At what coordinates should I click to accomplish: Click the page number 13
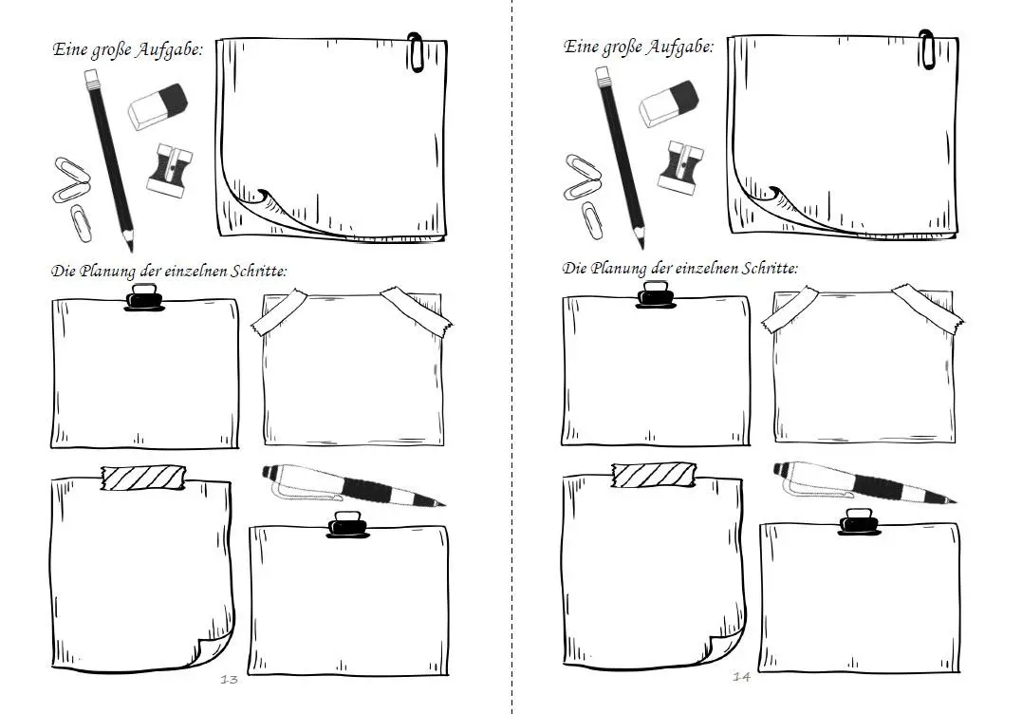(229, 680)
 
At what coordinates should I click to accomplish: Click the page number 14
(741, 677)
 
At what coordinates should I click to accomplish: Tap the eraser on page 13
(158, 105)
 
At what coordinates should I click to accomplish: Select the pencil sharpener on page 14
(681, 167)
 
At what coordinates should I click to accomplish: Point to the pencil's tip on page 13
(131, 250)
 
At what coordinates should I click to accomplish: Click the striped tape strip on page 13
(143, 478)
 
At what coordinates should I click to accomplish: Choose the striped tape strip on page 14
(654, 476)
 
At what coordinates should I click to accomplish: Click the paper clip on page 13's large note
(416, 51)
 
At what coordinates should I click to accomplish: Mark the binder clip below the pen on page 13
(347, 525)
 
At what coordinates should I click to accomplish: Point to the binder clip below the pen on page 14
(859, 522)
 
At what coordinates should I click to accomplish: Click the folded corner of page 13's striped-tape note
(215, 648)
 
